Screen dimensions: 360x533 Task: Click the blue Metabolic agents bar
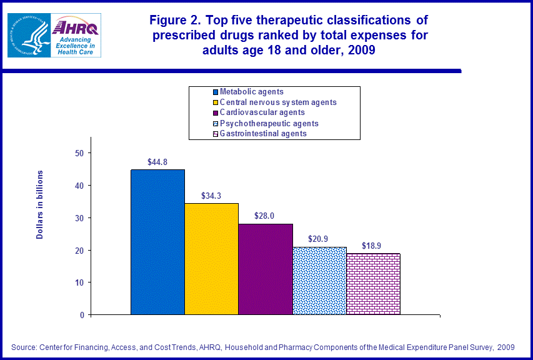(157, 242)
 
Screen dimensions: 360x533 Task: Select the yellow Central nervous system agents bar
(211, 259)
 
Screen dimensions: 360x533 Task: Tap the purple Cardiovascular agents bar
(265, 269)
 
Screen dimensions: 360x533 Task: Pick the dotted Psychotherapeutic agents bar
(319, 281)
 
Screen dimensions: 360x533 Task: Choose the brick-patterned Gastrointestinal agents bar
(373, 284)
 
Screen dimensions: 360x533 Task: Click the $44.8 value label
(157, 161)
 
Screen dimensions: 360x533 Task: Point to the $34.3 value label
(211, 196)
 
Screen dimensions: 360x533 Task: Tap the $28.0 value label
(265, 216)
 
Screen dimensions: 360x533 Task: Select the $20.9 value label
(319, 239)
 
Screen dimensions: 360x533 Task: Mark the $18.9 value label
(373, 245)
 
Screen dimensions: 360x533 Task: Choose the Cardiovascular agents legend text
(262, 112)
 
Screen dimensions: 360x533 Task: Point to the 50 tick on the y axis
(79, 153)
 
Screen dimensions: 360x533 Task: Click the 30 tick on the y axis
(79, 217)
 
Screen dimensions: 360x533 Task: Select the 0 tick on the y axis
(82, 315)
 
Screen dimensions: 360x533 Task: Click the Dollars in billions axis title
(40, 204)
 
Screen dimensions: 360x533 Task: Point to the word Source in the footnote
(24, 347)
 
